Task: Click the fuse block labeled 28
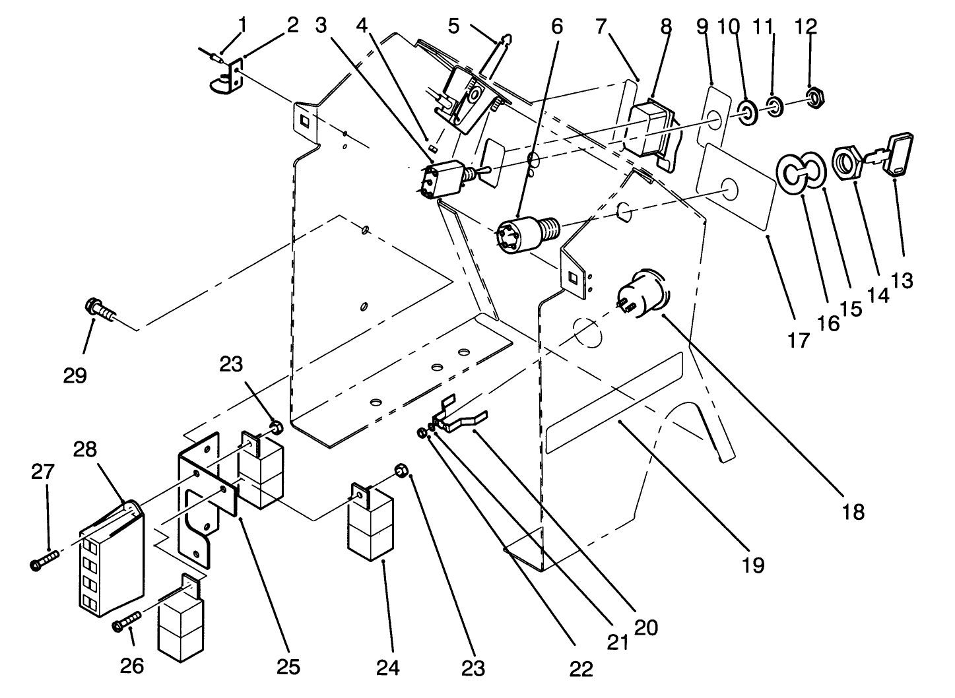[x=110, y=561]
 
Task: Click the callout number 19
[x=753, y=565]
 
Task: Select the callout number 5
[x=453, y=26]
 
